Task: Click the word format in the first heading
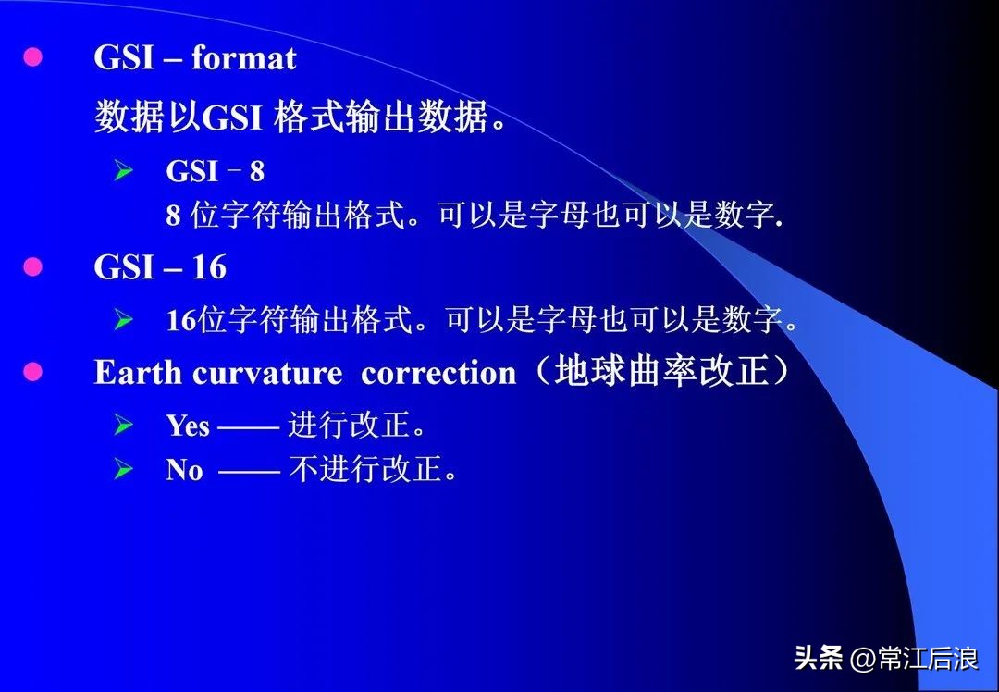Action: pos(243,59)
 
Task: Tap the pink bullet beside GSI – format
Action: pos(33,57)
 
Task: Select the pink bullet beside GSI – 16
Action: pos(33,267)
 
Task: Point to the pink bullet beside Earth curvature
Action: pos(33,372)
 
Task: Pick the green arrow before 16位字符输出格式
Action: pos(124,320)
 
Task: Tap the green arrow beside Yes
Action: pos(124,425)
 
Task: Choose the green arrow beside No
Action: pos(124,469)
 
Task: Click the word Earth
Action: pos(139,373)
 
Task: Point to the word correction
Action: pos(438,374)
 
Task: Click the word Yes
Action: pos(188,426)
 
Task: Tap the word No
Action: pos(184,470)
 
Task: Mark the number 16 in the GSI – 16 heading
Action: pos(209,268)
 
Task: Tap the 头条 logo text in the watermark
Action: pos(819,659)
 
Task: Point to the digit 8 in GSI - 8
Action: pos(256,171)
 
